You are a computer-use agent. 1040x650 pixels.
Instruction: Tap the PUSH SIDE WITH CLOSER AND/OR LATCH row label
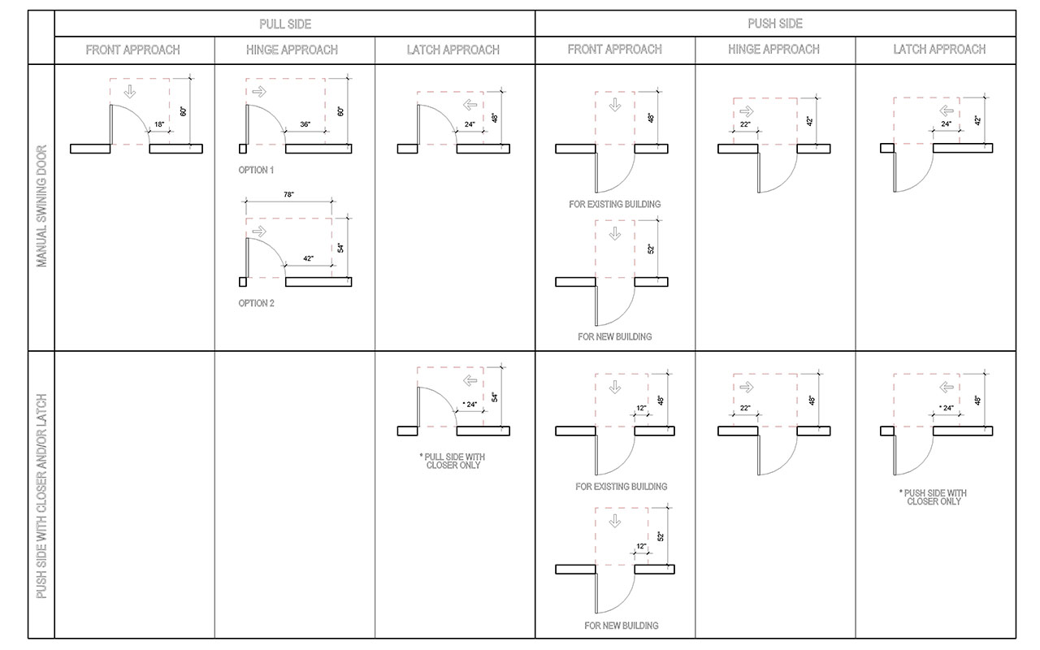[x=41, y=496]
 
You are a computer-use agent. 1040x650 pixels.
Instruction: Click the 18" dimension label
[x=159, y=124]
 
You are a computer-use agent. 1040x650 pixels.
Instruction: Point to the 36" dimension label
[x=305, y=124]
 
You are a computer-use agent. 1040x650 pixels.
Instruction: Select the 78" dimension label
[x=288, y=195]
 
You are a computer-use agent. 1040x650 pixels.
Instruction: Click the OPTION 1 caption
[x=256, y=170]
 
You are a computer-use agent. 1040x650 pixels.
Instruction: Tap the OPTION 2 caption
[x=256, y=303]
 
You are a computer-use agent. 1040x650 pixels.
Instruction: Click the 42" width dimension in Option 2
[x=308, y=258]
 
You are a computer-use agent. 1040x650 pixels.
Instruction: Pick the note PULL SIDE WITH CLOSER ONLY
[x=453, y=461]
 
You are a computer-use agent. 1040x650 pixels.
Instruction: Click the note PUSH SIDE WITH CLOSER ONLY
[x=933, y=497]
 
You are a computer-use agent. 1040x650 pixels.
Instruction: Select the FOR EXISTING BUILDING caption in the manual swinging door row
[x=614, y=205]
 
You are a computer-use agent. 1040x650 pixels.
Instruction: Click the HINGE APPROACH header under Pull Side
[x=292, y=50]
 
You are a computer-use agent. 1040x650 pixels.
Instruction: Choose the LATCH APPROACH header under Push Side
[x=939, y=50]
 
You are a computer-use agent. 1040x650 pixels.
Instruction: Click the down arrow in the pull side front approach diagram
[x=129, y=91]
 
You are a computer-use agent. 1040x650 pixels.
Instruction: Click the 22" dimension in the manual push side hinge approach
[x=745, y=124]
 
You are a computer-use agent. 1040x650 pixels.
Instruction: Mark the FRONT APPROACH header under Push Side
[x=614, y=50]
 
